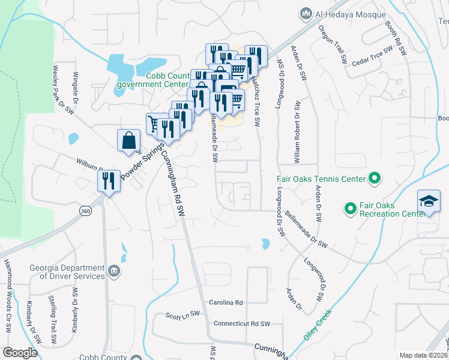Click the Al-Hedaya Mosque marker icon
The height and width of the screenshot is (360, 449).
[306, 13]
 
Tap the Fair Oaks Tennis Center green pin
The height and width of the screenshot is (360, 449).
[375, 178]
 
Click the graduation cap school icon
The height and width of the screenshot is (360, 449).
[429, 202]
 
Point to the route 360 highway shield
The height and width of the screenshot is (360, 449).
[85, 211]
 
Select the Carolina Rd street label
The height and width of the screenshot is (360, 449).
[226, 302]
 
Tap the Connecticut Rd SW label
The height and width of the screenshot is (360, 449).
[242, 323]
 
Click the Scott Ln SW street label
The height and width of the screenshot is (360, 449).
[182, 316]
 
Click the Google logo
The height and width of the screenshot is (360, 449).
[20, 353]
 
